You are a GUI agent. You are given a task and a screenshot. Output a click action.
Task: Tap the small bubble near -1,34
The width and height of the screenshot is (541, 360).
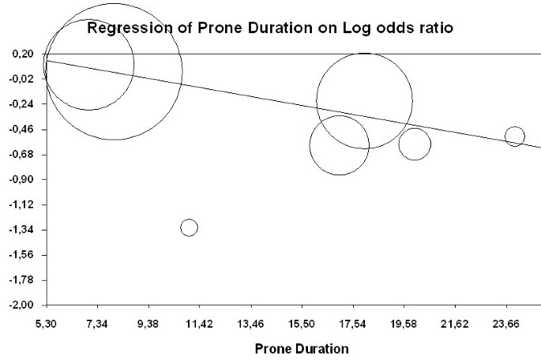189,227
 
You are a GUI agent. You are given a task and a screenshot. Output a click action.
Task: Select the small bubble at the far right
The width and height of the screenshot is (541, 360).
515,137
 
